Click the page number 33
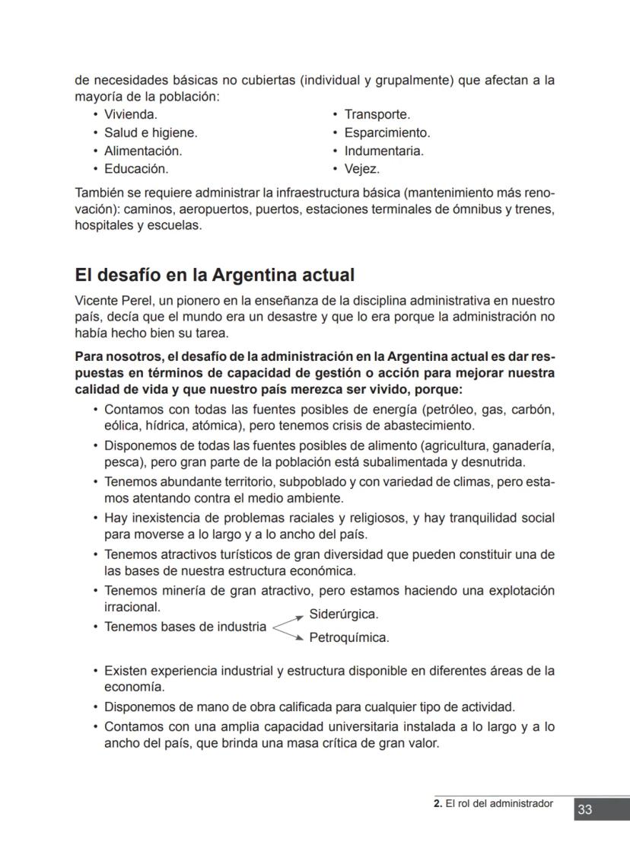coord(584,809)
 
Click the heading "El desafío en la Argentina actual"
coord(215,274)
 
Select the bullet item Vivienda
coord(130,114)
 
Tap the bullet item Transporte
coord(377,114)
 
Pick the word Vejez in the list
coord(361,169)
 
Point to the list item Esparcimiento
coord(387,132)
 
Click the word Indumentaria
coord(383,151)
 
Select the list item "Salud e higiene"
coord(150,132)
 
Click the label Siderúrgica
coord(344,614)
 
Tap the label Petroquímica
coord(348,638)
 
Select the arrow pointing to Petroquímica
coord(289,633)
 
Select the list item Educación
coord(135,169)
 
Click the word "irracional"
coord(132,608)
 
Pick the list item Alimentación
coord(142,151)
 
